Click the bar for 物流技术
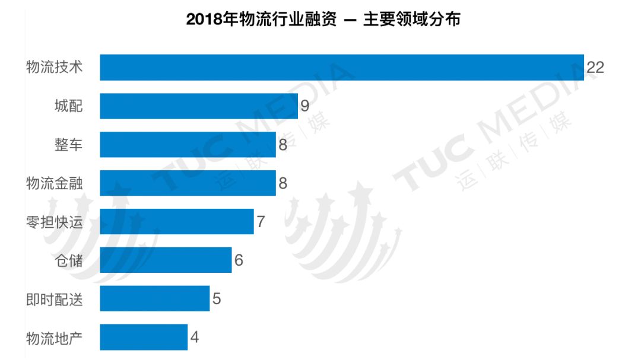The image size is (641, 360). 342,67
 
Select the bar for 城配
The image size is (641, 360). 199,106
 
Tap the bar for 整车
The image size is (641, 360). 188,144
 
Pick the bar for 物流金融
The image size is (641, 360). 188,183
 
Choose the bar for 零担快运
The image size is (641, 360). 177,221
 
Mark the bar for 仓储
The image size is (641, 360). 166,260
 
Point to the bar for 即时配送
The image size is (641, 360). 155,298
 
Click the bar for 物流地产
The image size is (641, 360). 144,337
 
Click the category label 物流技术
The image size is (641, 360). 54,68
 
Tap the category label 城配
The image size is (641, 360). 68,106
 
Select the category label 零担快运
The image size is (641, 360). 54,222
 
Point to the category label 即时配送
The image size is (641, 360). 54,299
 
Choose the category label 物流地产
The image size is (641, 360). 54,337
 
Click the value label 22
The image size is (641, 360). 595,68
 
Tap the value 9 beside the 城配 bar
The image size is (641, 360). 304,106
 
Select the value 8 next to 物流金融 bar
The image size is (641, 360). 283,183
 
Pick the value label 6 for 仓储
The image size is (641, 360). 239,260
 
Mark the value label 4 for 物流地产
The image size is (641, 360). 195,337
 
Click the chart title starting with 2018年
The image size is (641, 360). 323,20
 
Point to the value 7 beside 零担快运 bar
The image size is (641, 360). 261,222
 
